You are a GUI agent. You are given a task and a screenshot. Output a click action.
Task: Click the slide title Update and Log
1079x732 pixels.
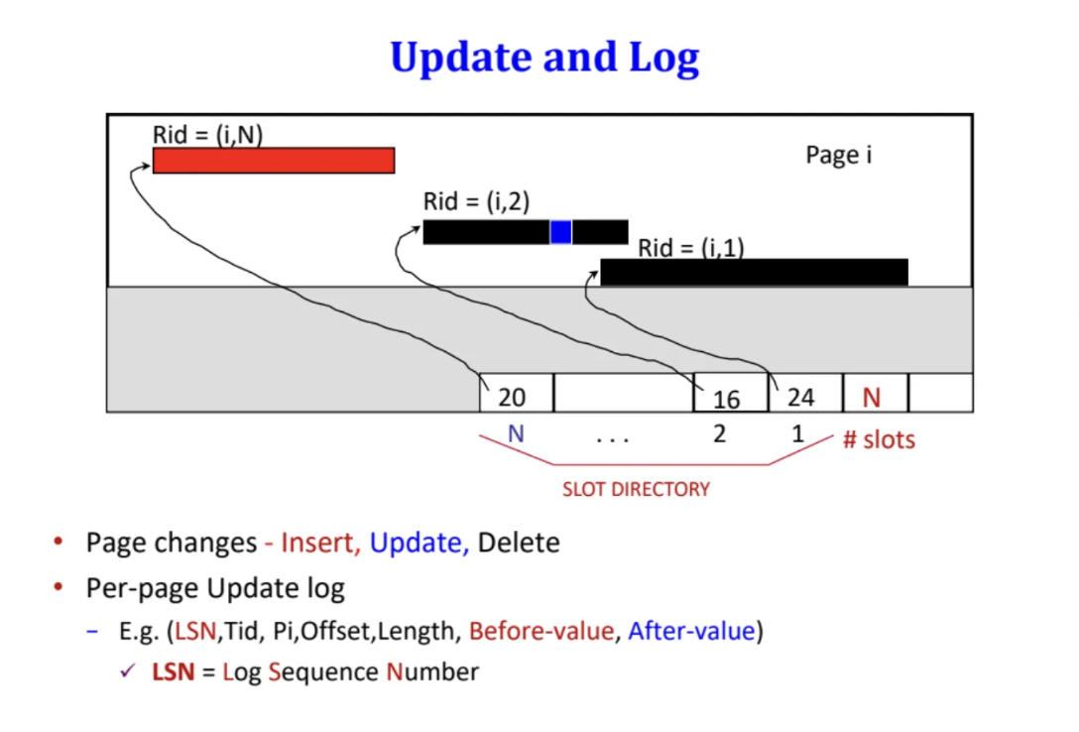pyautogui.click(x=544, y=58)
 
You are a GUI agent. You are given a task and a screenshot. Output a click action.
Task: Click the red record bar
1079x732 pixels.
pyautogui.click(x=274, y=161)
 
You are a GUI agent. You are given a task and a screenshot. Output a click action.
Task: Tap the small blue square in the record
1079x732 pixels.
pyautogui.click(x=561, y=232)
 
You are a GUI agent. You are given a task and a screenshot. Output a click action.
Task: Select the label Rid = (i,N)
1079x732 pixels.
pyautogui.click(x=207, y=135)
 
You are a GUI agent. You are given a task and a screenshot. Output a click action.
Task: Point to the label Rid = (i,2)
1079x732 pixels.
pyautogui.click(x=476, y=201)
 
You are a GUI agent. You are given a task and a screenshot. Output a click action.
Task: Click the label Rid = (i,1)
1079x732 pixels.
pyautogui.click(x=691, y=248)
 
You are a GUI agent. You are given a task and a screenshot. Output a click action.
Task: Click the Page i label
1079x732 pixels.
pyautogui.click(x=838, y=156)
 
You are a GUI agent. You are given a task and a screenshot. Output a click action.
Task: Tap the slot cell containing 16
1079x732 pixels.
pyautogui.click(x=729, y=395)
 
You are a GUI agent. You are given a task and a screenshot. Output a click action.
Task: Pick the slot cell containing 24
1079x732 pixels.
pyautogui.click(x=803, y=395)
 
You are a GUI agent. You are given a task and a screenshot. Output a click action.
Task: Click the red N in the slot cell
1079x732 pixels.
pyautogui.click(x=872, y=397)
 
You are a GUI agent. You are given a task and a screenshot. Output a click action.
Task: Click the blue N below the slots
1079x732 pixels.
pyautogui.click(x=516, y=433)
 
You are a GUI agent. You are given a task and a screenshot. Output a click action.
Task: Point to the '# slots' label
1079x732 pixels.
pyautogui.click(x=879, y=439)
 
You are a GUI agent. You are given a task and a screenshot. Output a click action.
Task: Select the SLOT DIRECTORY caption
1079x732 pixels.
pyautogui.click(x=636, y=489)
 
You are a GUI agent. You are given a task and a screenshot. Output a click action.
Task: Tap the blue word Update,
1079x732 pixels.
pyautogui.click(x=420, y=543)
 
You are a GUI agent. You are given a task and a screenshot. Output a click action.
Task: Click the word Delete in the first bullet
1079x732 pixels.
pyautogui.click(x=519, y=543)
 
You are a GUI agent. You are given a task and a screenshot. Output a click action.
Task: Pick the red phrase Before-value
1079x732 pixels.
pyautogui.click(x=541, y=631)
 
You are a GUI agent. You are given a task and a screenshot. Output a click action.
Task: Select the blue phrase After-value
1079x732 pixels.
pyautogui.click(x=691, y=631)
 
